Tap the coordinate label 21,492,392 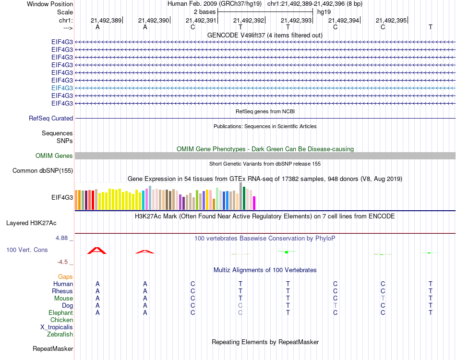(249, 20)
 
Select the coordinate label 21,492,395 (391, 20)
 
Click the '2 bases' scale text (205, 12)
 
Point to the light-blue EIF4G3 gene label (62, 88)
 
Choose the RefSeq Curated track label (51, 118)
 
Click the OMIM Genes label (54, 156)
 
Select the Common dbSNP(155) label (43, 170)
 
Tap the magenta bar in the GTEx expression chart (254, 203)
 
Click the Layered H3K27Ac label (31, 223)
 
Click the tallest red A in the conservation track (97, 250)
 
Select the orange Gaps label (65, 277)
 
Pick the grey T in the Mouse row (383, 299)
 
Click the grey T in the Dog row (336, 306)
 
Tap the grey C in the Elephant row (240, 313)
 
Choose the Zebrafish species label (60, 335)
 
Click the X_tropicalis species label (57, 327)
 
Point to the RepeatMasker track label (53, 348)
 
